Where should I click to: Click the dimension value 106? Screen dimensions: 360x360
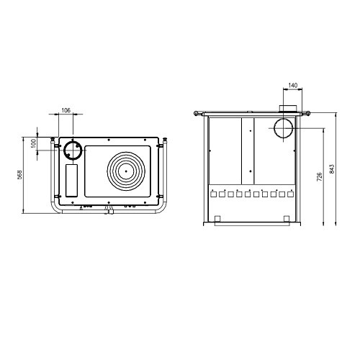(66, 110)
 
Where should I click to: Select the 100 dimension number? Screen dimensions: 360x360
(34, 143)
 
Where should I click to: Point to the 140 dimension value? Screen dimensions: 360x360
(293, 85)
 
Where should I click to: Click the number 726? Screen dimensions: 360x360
(320, 176)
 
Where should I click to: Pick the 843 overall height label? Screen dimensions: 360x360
(332, 169)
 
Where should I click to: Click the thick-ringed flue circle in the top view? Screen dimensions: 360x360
(73, 150)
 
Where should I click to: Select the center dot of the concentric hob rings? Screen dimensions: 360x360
(126, 171)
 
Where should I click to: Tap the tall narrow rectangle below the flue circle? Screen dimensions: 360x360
(72, 181)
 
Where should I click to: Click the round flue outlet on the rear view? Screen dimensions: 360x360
(284, 128)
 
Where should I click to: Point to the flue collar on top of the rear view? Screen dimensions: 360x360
(288, 109)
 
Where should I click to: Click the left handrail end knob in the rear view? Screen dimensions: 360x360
(196, 113)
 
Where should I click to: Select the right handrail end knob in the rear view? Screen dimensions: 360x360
(308, 113)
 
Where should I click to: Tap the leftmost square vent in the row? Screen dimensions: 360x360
(213, 194)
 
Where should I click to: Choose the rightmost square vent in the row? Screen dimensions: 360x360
(290, 194)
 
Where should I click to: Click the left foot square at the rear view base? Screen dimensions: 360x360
(217, 219)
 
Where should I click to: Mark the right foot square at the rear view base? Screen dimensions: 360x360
(287, 219)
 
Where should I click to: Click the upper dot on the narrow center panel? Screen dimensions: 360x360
(251, 131)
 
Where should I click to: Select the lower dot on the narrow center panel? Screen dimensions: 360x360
(251, 171)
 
